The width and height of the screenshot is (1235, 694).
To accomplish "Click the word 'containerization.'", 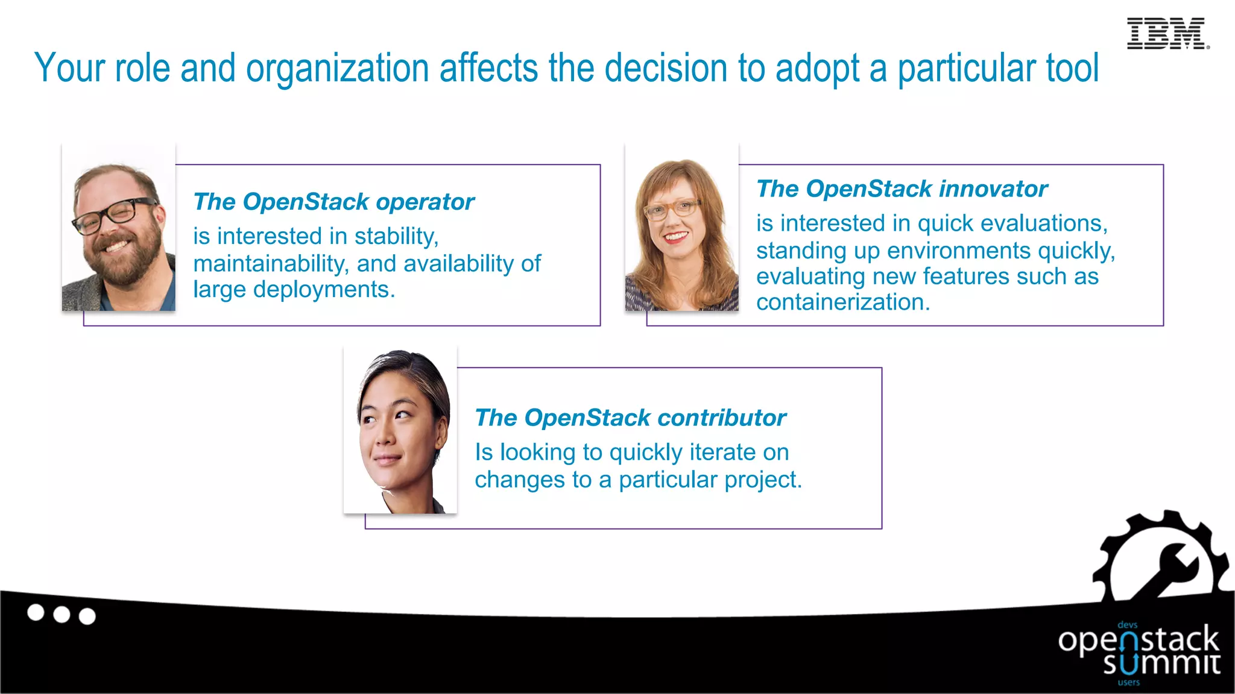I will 843,302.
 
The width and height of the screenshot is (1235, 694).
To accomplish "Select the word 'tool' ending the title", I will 1072,68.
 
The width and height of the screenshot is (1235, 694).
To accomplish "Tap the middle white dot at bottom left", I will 62,614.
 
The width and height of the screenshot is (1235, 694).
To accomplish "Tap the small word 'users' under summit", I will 1129,683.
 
